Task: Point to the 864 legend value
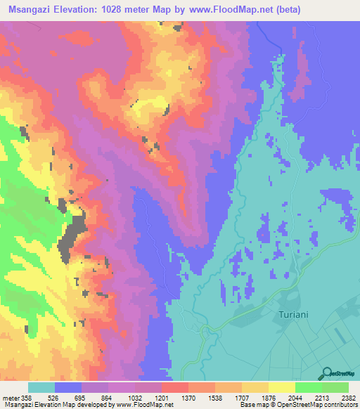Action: point(108,397)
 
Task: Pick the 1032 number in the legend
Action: point(136,397)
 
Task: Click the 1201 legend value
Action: point(163,397)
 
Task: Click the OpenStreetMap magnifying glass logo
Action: point(326,372)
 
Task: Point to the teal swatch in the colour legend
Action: point(41,387)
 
